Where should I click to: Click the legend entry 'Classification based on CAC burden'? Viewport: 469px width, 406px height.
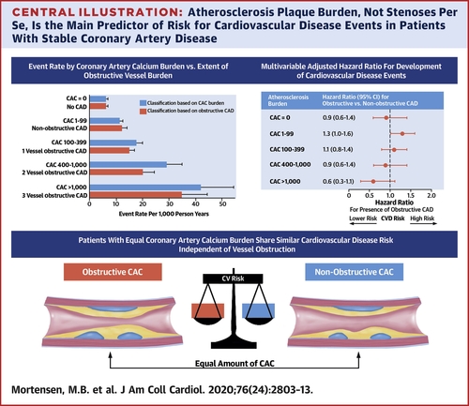point(178,98)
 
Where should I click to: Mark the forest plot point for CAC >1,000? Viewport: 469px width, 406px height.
point(372,180)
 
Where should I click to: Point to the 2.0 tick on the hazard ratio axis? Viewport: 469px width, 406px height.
point(433,194)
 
